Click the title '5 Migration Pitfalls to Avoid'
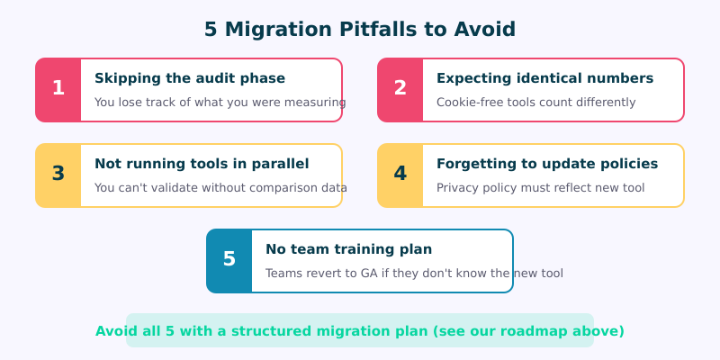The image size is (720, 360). click(360, 30)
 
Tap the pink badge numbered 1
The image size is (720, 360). click(58, 89)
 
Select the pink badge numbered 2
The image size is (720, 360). click(400, 89)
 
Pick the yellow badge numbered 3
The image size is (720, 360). click(58, 175)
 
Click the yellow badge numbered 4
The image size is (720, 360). click(400, 175)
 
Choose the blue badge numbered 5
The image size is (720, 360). click(229, 260)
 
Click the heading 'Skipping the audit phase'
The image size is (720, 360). click(190, 78)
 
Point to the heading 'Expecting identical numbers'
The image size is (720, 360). click(544, 78)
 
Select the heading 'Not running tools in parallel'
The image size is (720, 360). click(202, 164)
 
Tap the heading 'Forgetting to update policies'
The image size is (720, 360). click(547, 164)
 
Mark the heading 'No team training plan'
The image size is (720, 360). click(349, 249)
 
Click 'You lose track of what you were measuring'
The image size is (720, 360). click(220, 103)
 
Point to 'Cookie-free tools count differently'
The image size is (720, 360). click(535, 103)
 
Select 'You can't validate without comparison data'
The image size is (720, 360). click(220, 188)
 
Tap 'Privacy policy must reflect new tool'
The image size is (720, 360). click(540, 188)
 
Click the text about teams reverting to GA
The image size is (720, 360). click(414, 274)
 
